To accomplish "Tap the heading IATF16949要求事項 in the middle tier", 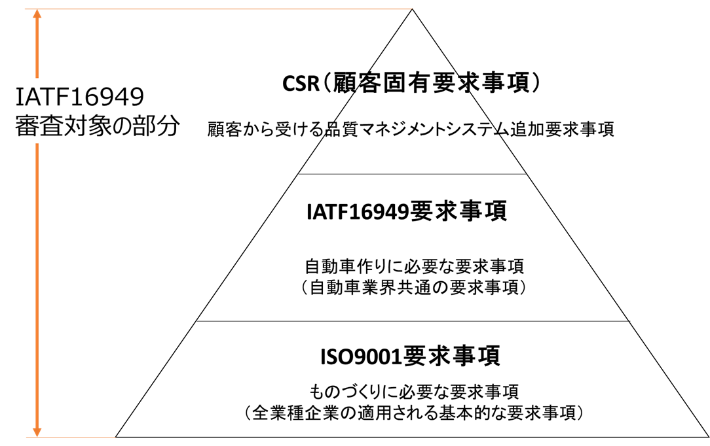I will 407,213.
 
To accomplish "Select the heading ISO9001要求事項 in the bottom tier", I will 411,357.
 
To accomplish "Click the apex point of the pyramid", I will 412,10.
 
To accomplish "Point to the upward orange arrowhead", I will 37,16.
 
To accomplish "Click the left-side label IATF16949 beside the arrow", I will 79,98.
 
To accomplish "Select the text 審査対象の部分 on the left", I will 97,126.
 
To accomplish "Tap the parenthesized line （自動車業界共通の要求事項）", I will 414,287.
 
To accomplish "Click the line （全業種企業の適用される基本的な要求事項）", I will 412,413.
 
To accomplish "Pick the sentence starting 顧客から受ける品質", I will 411,129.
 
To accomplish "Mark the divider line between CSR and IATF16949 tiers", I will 412,174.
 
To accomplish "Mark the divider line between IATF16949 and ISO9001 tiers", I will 412,321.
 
